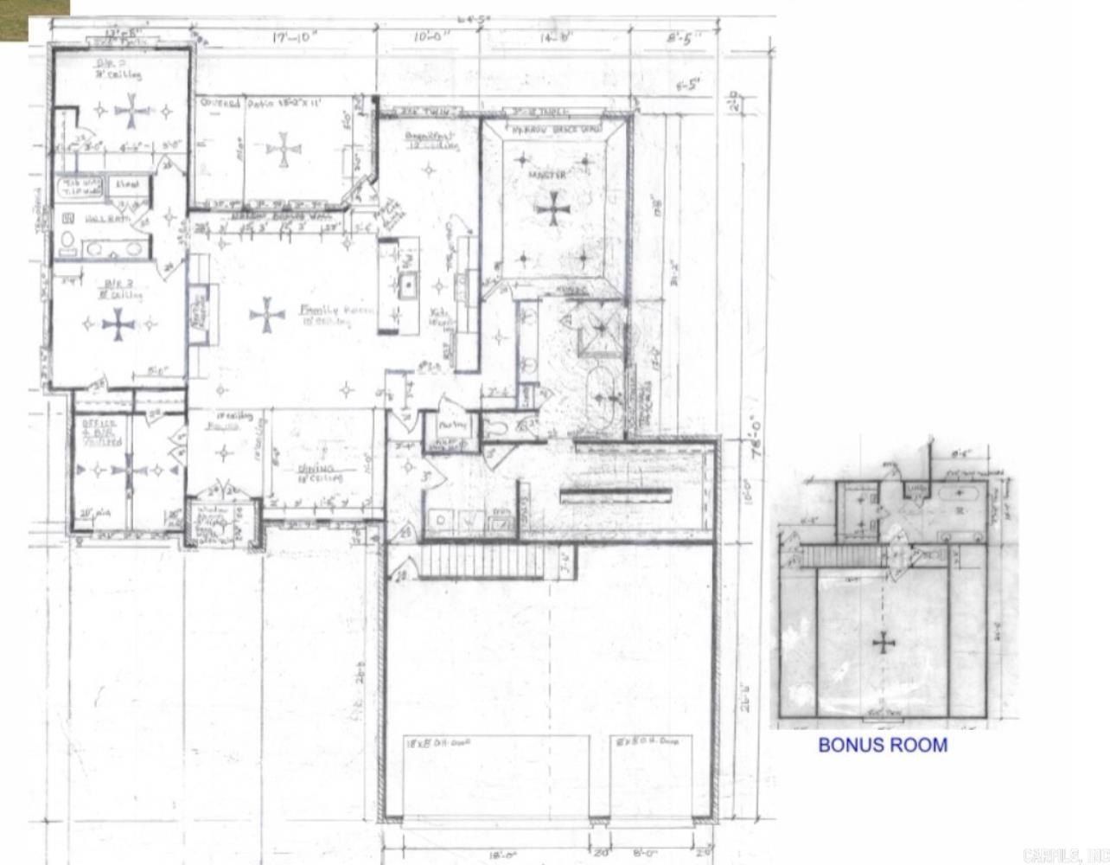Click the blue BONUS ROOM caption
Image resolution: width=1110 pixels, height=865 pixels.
tap(883, 745)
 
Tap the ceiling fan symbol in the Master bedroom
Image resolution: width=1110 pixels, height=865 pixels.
tap(551, 208)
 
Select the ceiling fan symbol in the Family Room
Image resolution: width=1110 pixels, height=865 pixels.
tap(267, 316)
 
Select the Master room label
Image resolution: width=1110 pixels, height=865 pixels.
tap(547, 176)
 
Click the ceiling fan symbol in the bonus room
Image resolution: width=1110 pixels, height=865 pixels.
tap(883, 643)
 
